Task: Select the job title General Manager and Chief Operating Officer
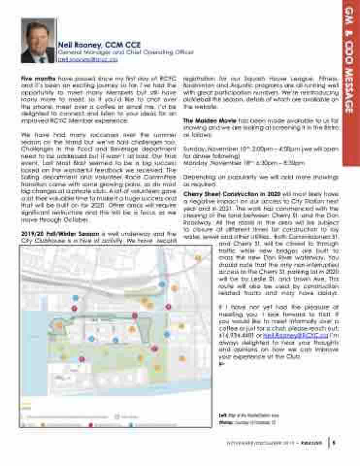point(126,52)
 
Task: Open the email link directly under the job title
point(87,59)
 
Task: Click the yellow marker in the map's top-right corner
point(198,258)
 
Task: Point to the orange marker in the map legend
point(43,425)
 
